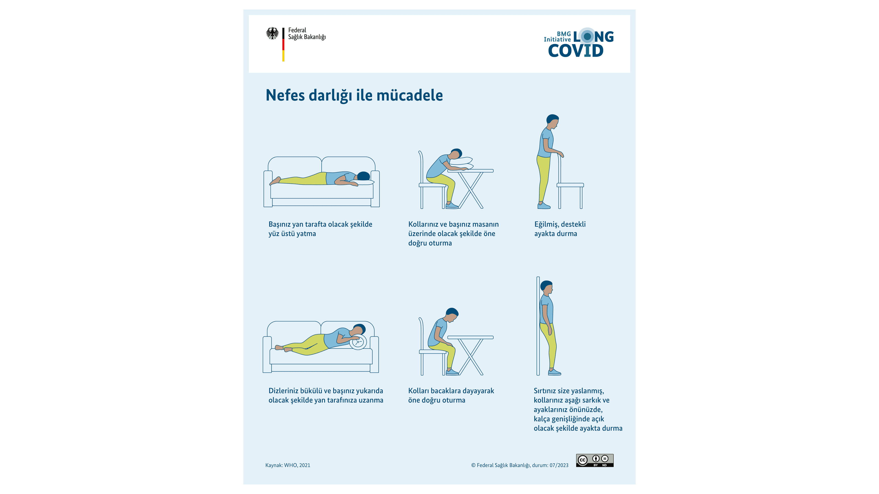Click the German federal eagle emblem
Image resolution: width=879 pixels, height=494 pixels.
272,33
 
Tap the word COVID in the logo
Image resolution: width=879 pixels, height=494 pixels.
576,51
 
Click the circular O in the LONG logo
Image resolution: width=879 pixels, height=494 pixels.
587,36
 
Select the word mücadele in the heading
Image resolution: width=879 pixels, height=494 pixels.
410,95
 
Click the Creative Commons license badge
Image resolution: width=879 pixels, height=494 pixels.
595,460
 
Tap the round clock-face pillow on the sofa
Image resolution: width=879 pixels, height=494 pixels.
358,342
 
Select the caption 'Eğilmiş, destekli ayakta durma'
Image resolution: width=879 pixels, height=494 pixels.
560,229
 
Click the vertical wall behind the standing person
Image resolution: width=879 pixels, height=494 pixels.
538,326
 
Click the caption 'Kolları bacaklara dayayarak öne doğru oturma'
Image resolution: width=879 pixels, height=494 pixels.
451,395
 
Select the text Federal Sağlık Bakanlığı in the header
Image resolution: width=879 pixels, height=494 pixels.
307,33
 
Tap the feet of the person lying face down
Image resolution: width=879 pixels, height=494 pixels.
275,181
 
